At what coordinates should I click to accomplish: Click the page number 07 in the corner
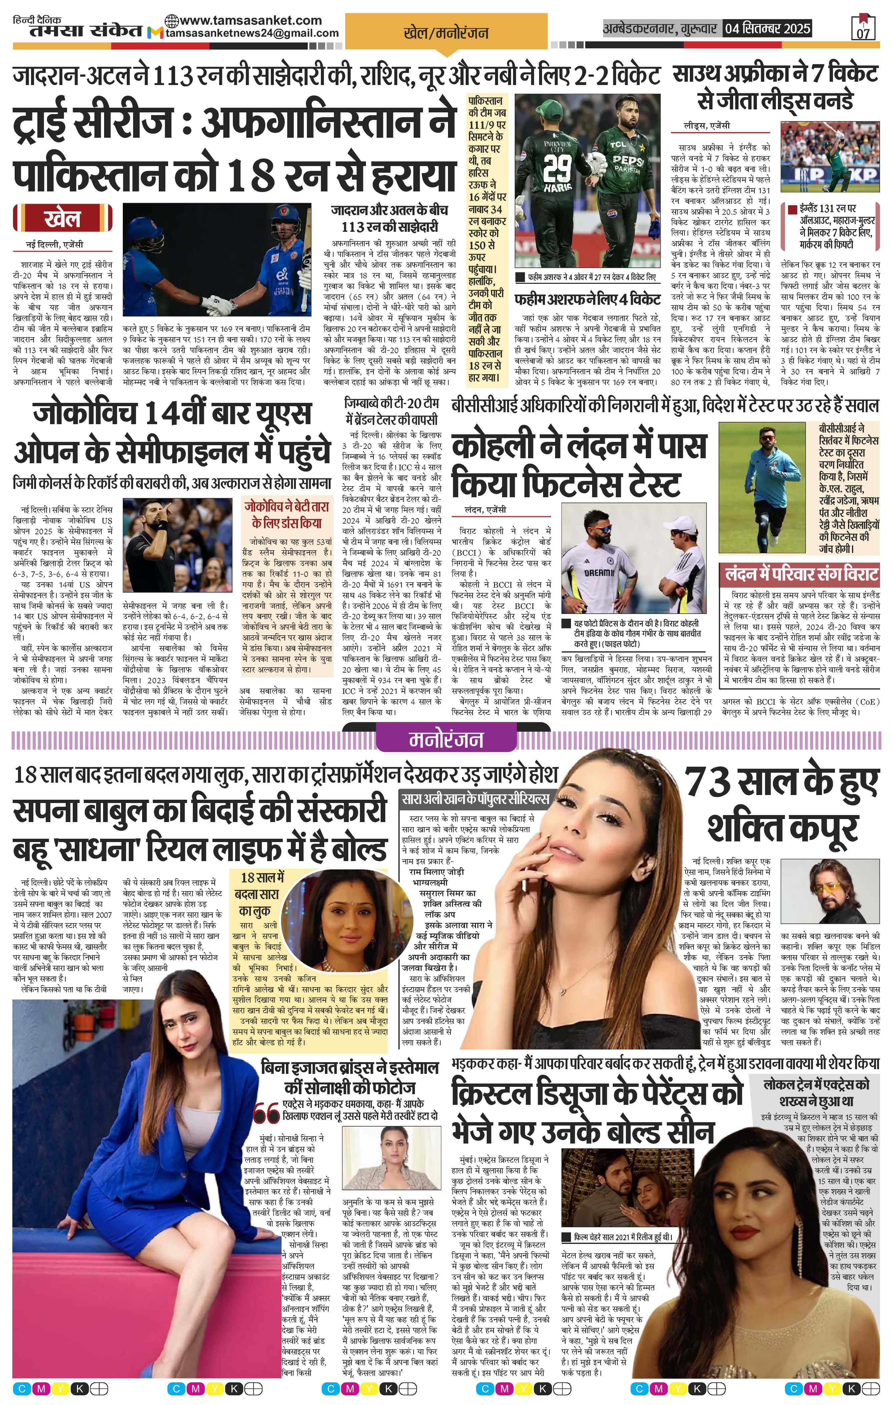click(x=863, y=33)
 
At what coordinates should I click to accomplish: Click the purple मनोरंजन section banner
click(x=446, y=739)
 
